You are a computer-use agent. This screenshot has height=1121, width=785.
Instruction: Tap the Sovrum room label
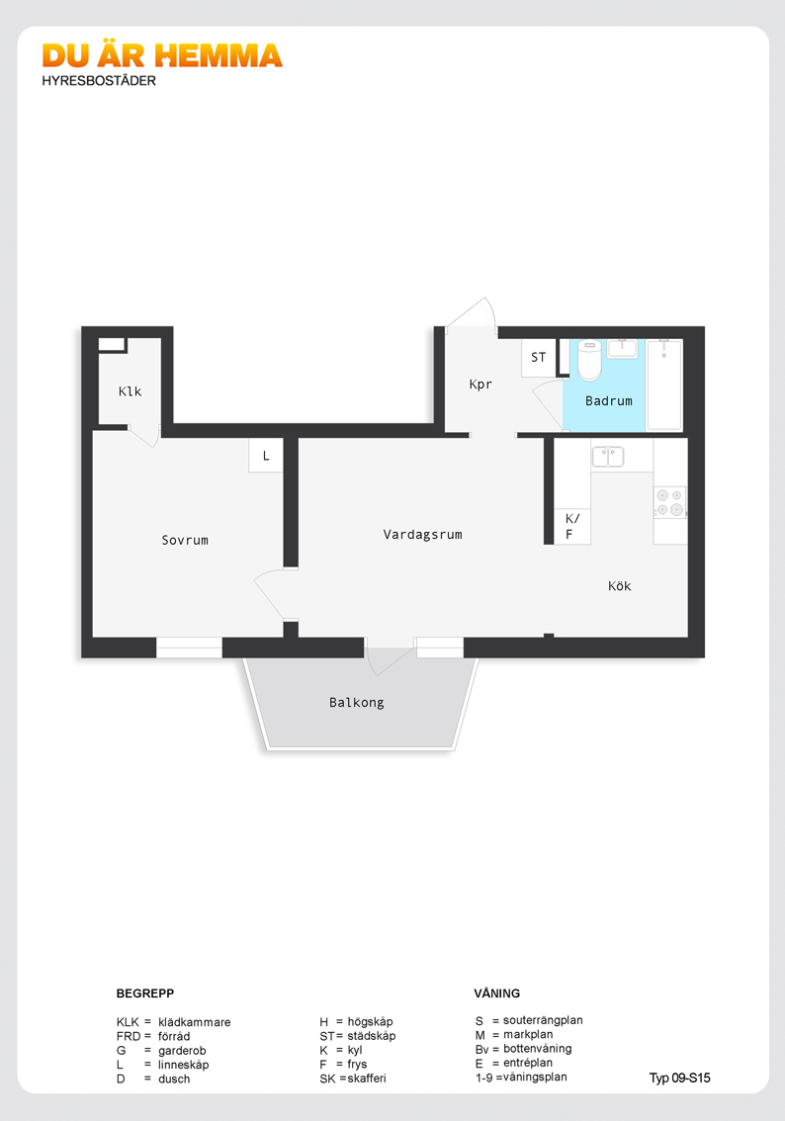(x=185, y=541)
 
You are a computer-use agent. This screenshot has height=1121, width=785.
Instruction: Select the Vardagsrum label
(x=422, y=535)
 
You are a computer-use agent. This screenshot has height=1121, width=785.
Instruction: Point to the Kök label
(x=619, y=586)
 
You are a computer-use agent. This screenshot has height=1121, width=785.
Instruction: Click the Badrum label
(x=608, y=401)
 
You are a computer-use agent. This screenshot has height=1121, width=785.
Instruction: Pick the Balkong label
(x=357, y=703)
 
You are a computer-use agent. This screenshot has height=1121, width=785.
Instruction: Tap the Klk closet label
(x=131, y=391)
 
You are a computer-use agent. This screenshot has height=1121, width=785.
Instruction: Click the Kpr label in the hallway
(x=480, y=385)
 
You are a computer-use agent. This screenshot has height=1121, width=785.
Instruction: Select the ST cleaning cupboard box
(x=539, y=358)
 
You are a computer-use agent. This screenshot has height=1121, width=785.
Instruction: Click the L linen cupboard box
(x=266, y=456)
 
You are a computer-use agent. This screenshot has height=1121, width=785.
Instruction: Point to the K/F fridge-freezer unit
(x=572, y=526)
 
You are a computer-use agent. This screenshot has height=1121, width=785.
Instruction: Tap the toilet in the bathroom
(x=590, y=360)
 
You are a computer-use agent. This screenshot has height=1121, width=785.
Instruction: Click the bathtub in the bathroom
(x=664, y=385)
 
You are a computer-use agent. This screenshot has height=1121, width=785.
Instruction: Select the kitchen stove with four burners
(x=670, y=502)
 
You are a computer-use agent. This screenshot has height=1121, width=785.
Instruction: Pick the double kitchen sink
(x=608, y=456)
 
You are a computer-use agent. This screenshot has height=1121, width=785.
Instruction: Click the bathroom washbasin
(x=623, y=348)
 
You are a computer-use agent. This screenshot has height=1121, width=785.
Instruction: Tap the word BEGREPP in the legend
(x=145, y=993)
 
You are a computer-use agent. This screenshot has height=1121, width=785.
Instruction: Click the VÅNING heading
(x=497, y=993)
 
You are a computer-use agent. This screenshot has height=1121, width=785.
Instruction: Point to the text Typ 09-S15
(x=680, y=1078)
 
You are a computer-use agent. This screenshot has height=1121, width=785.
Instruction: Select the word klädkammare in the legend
(x=195, y=1022)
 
